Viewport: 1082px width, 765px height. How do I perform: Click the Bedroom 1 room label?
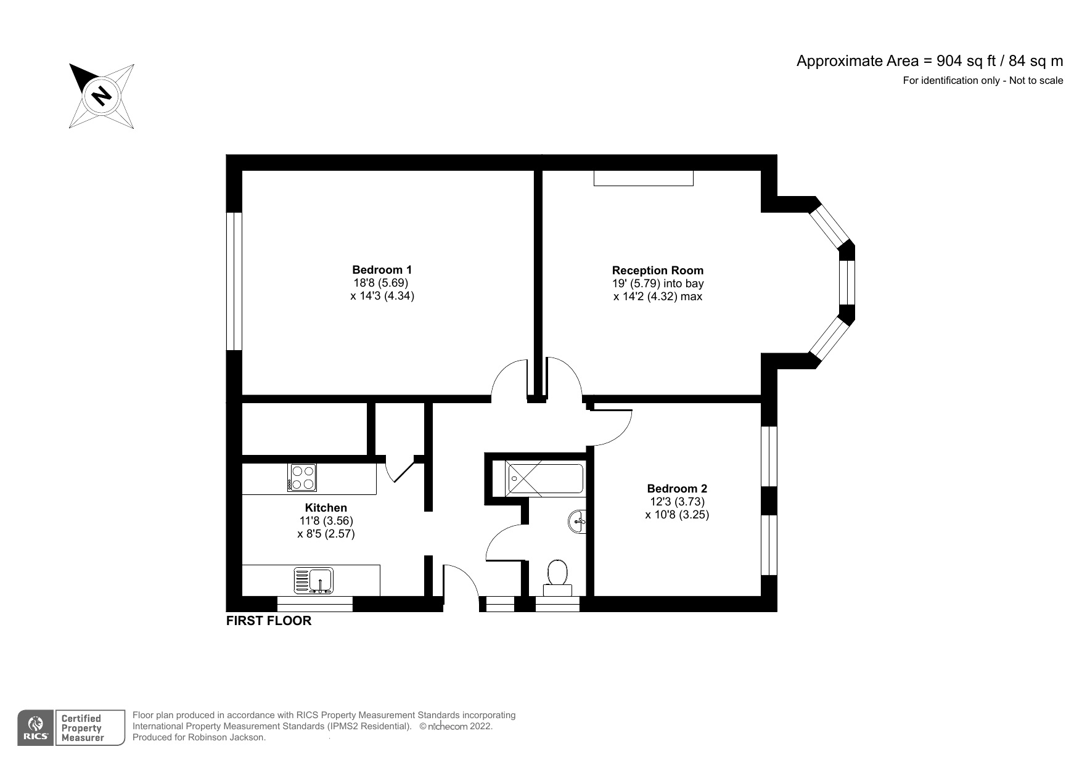382,269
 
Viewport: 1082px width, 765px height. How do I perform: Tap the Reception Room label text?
657,270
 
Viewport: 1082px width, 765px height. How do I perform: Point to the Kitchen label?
326,507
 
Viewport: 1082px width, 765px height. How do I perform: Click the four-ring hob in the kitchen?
302,477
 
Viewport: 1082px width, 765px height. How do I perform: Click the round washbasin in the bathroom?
578,522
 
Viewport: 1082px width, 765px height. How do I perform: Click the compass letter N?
101,96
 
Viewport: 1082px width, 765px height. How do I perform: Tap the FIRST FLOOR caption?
269,621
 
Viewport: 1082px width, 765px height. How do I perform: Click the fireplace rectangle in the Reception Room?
643,178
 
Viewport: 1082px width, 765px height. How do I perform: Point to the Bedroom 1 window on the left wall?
234,281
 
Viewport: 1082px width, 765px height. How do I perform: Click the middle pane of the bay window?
847,282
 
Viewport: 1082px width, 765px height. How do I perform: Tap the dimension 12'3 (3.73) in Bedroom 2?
677,501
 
